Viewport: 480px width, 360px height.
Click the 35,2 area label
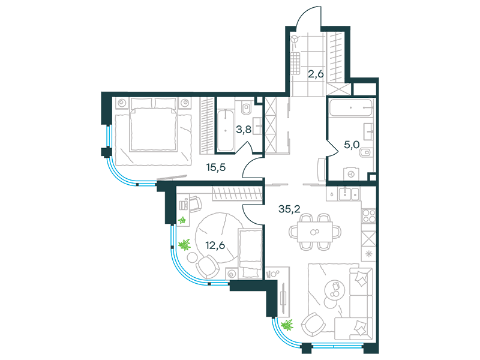pos(289,209)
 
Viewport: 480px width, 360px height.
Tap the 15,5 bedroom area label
pos(216,167)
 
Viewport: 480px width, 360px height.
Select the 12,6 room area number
pos(215,245)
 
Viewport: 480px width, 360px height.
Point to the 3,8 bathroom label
pos(244,130)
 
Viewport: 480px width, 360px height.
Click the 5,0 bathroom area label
pos(352,145)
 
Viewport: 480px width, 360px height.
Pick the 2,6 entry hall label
pos(316,74)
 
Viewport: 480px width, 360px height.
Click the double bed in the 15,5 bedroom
pos(153,125)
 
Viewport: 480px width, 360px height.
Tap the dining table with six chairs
pos(315,232)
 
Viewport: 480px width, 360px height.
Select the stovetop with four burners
pos(368,215)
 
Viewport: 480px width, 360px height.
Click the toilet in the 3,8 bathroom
pos(245,107)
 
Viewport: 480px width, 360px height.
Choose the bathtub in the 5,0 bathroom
pos(351,107)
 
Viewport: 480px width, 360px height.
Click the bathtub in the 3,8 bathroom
pos(226,130)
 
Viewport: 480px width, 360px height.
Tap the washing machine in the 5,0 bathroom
pos(351,174)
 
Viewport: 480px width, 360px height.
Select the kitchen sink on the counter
pos(349,194)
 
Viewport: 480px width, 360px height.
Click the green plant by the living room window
pos(287,325)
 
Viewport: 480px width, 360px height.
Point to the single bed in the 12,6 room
pos(250,253)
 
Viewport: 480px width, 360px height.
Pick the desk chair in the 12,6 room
pos(194,203)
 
